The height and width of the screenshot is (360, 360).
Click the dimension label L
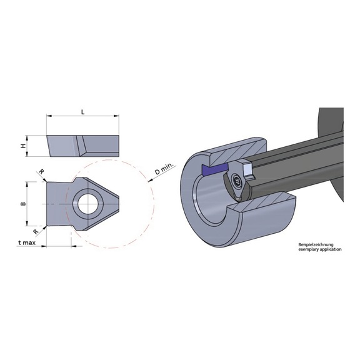[x=83, y=112]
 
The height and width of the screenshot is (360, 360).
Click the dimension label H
[x=23, y=146]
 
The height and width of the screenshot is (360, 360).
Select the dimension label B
[x=23, y=204]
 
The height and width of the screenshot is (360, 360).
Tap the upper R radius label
[x=41, y=171]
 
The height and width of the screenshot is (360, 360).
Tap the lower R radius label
[x=36, y=232]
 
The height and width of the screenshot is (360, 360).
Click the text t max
[x=27, y=242]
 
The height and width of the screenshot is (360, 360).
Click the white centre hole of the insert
[x=87, y=204]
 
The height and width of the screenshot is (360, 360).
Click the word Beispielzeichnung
[x=316, y=245]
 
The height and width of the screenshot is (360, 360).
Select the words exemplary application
[x=320, y=249]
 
